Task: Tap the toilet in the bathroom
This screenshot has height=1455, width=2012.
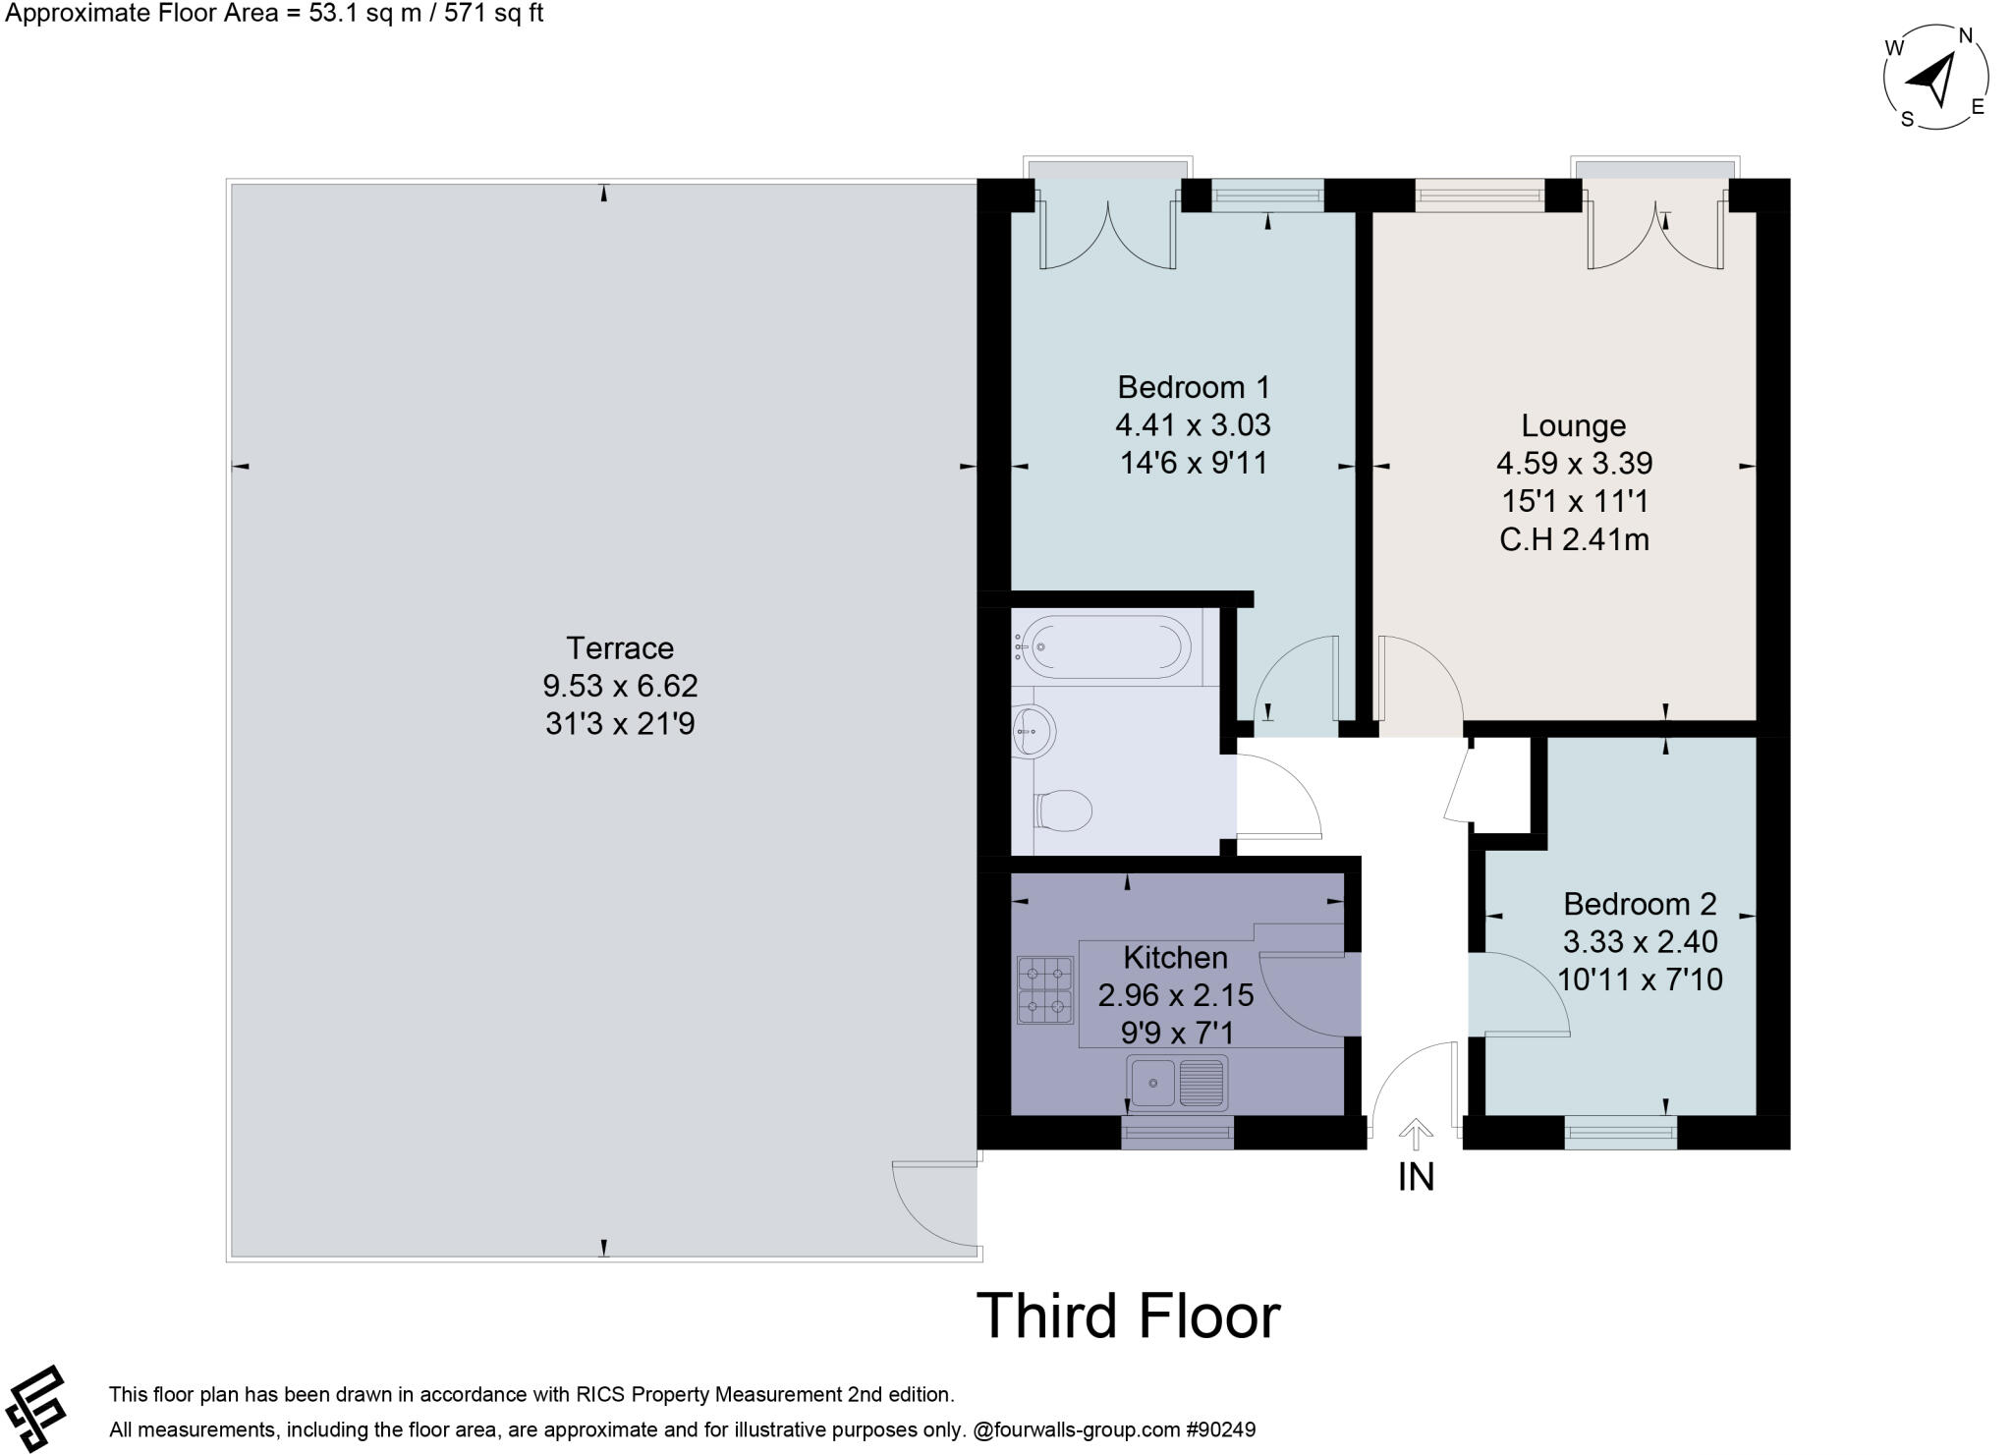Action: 1065,811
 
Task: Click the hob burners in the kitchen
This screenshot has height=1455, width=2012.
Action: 1044,990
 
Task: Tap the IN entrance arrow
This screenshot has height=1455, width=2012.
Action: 1415,1135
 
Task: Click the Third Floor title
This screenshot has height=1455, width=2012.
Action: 1127,1315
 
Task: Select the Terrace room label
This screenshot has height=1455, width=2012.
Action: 619,648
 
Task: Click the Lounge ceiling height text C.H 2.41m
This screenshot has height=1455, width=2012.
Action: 1573,539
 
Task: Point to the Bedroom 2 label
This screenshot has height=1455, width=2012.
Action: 1640,903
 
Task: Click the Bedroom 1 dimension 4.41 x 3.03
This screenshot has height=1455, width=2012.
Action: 1193,425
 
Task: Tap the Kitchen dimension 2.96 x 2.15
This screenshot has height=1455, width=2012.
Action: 1175,995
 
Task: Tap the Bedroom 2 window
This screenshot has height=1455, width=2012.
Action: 1620,1134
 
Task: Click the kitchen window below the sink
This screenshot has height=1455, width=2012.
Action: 1177,1133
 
